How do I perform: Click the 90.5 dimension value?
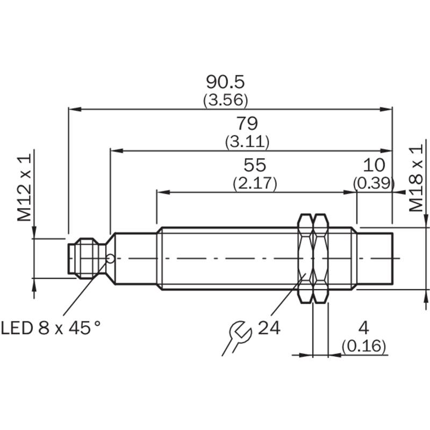coord(225,82)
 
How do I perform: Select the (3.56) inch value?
coord(225,100)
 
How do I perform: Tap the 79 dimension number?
coord(247,124)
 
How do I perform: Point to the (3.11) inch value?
coord(247,142)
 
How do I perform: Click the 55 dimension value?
coord(255,165)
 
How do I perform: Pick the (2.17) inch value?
coord(255,183)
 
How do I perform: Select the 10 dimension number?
coord(374,165)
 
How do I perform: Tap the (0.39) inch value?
coord(374,183)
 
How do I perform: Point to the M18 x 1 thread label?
coord(417,178)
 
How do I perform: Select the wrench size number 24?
coord(269,327)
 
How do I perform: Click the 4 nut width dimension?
coord(364,328)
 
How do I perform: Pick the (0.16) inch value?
coord(364,347)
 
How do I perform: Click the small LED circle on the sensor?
coord(110,259)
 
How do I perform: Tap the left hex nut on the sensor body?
coord(305,259)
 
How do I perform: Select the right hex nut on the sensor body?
coord(321,259)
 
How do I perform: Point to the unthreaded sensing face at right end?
coord(376,259)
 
